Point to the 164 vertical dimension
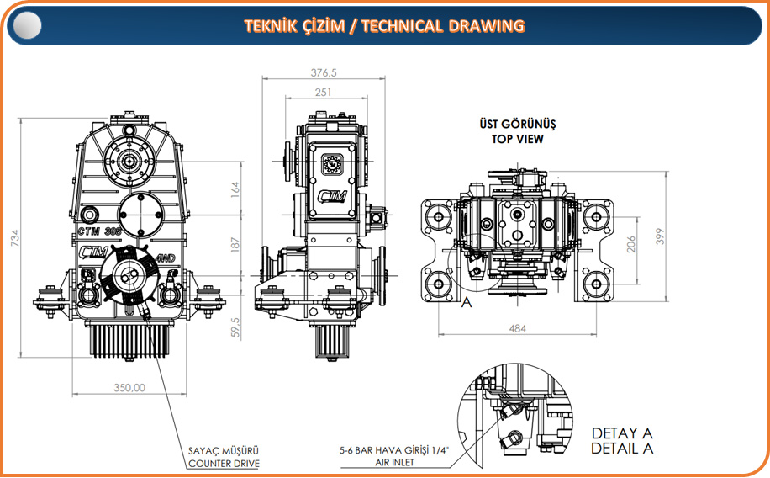[235, 191]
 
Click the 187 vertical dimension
[235, 245]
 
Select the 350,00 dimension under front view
[129, 388]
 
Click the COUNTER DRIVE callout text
[224, 464]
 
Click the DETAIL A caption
[622, 449]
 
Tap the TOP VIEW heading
[518, 139]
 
